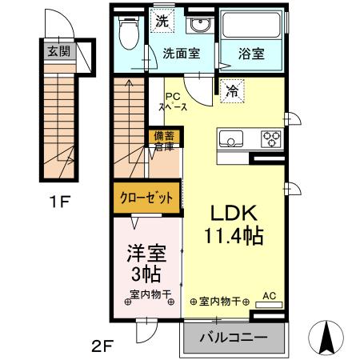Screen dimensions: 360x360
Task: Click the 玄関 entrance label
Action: point(58,54)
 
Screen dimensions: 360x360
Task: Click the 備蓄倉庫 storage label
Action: point(163,141)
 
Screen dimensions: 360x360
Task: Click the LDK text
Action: point(233,213)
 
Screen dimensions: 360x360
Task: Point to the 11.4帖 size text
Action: point(234,238)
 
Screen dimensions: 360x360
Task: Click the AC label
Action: point(269,296)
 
